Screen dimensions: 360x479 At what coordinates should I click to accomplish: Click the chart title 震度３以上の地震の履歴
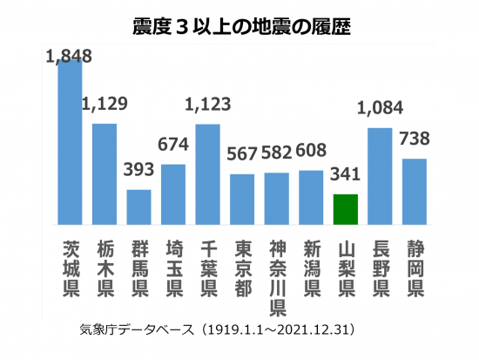[239, 24]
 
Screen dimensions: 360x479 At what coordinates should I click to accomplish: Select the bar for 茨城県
[70, 139]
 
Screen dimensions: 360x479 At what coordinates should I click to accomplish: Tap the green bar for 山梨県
[346, 209]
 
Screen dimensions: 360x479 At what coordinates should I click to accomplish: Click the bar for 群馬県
[138, 206]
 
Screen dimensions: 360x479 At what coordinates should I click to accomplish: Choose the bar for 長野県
[380, 174]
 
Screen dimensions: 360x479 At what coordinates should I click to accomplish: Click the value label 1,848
[68, 56]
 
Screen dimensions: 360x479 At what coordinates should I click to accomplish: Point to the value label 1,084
[381, 111]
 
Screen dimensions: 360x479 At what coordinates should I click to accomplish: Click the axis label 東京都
[242, 265]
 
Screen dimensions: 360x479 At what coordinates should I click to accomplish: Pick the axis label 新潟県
[311, 265]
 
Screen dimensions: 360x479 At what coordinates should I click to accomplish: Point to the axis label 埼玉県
[173, 265]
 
